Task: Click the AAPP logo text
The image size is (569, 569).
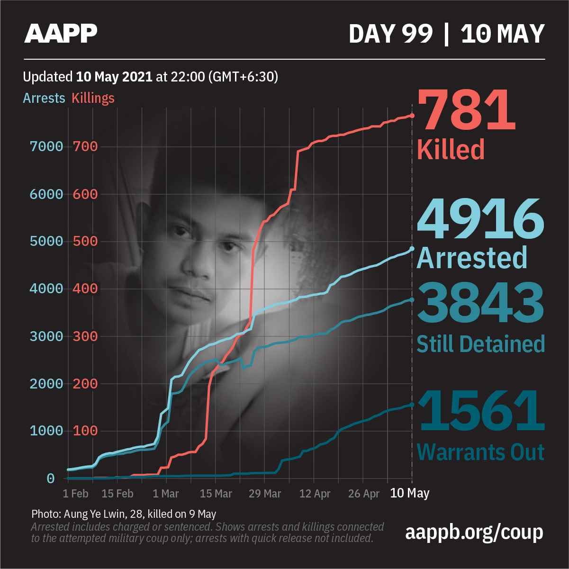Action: (x=61, y=33)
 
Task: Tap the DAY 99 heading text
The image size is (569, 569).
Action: (x=391, y=34)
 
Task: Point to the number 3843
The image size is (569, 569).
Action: (x=480, y=302)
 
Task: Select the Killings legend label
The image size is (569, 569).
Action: (x=93, y=98)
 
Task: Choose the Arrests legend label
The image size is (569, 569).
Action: (x=44, y=98)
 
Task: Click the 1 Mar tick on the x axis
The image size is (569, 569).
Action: (x=165, y=494)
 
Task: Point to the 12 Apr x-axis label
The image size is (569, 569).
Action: (x=315, y=494)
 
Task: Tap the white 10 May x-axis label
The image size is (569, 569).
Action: (x=409, y=493)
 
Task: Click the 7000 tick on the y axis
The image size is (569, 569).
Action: (x=46, y=146)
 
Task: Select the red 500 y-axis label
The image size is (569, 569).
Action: (x=85, y=241)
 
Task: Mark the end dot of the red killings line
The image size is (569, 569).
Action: (x=412, y=116)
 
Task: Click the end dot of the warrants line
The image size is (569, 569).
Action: (x=412, y=405)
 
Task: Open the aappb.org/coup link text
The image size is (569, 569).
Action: (x=474, y=532)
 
